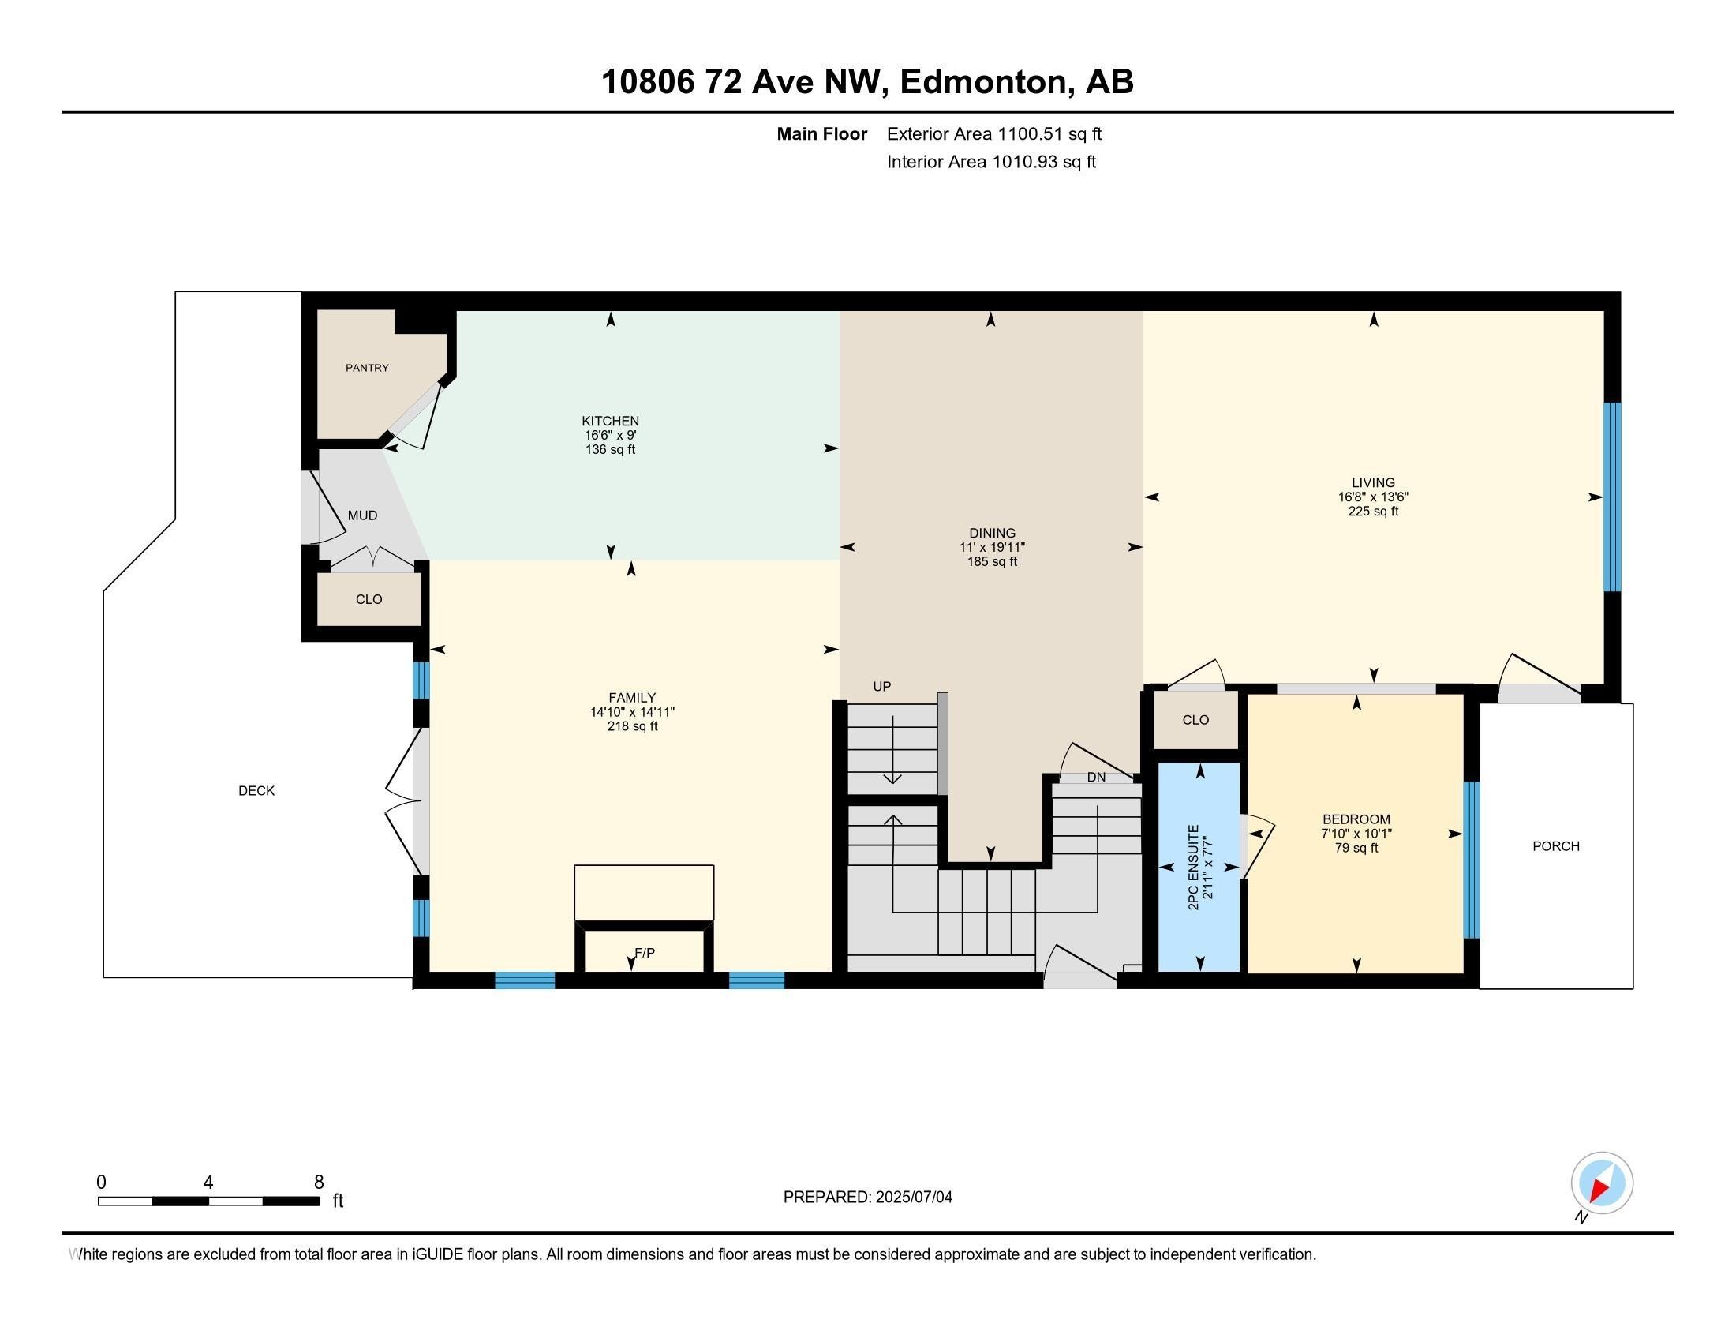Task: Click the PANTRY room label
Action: pos(367,368)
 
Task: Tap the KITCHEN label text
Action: pos(611,421)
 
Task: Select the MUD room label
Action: pos(362,515)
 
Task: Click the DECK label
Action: pos(256,790)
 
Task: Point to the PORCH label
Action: pos(1555,846)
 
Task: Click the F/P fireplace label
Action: pos(645,953)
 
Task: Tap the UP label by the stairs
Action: pos(882,686)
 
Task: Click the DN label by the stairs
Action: pos(1096,777)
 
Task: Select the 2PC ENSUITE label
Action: pos(1193,868)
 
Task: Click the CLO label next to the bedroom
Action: pos(1195,719)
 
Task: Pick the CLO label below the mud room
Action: pos(369,598)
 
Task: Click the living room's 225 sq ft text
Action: pos(1373,512)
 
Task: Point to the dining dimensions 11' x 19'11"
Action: pos(992,547)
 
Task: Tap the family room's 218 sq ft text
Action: pos(632,725)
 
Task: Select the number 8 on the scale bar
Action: pos(319,1183)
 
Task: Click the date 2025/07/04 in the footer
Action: pos(913,1198)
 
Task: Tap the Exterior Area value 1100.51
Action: pos(1030,133)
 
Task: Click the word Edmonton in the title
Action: pos(982,82)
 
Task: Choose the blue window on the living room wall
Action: pos(1612,497)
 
